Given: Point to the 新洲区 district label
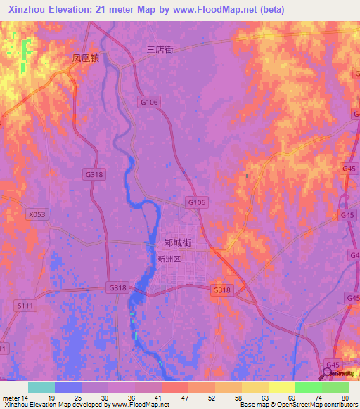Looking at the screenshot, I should [169, 259].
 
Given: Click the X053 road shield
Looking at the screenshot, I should [37, 214].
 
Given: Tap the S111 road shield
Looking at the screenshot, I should [25, 306].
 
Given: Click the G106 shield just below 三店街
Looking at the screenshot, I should [149, 102].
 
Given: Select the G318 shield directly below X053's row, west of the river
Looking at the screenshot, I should [94, 174].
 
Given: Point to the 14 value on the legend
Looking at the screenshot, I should [25, 398].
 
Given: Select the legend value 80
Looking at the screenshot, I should [345, 398].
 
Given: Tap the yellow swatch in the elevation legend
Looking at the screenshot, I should [281, 387].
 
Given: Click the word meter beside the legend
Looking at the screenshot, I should [10, 398].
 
